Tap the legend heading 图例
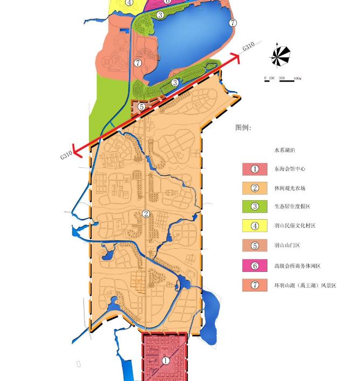[243, 128]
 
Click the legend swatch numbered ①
[255, 169]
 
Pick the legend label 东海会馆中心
[290, 169]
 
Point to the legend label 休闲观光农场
[290, 188]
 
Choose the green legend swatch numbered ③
[255, 206]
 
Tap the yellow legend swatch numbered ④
[255, 226]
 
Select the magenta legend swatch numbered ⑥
[255, 266]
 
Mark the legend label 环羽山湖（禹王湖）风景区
[305, 285]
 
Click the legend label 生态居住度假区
[292, 207]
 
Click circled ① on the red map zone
[166, 360]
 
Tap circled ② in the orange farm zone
[146, 214]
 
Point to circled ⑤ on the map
[141, 106]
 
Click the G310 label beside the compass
[248, 47]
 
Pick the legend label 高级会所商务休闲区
[297, 266]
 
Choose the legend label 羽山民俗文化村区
[295, 226]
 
